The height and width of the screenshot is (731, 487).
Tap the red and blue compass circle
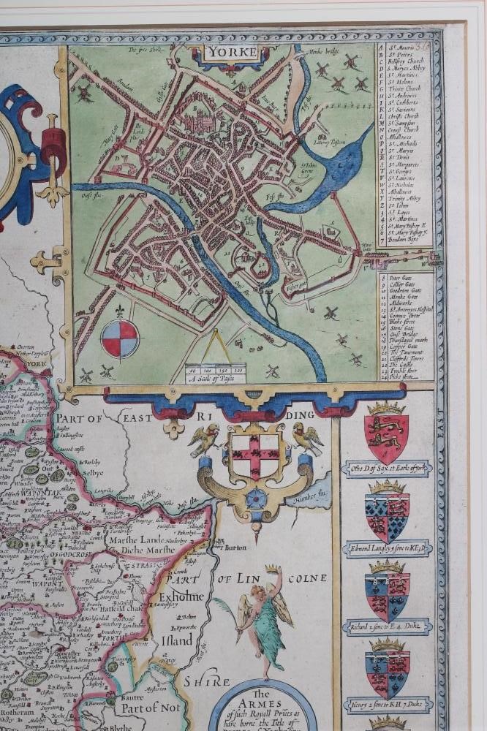pos(119,338)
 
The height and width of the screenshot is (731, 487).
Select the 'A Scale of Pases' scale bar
pos(215,376)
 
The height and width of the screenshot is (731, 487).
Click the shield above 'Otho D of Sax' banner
pos(386,439)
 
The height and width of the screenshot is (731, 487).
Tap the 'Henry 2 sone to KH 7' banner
pos(388,704)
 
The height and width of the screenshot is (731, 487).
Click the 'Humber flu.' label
pos(312,501)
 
